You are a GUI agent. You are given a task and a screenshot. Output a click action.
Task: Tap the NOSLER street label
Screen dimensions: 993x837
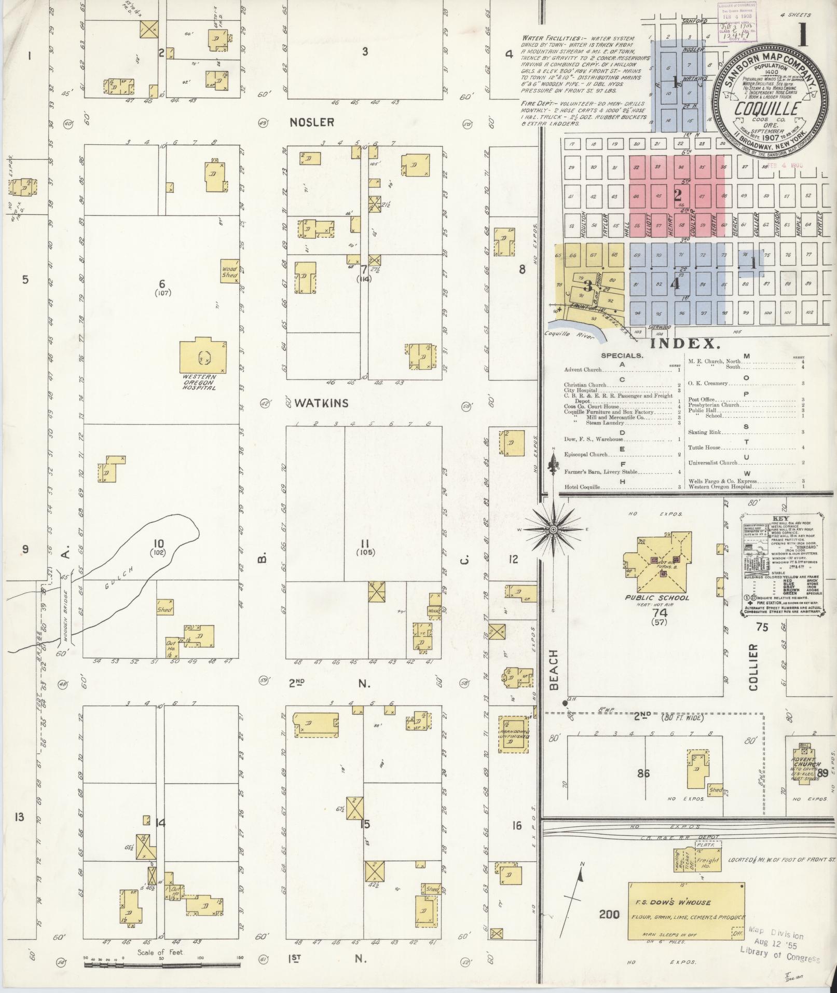coord(312,123)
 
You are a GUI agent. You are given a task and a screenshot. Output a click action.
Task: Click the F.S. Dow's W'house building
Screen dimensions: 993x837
coord(687,910)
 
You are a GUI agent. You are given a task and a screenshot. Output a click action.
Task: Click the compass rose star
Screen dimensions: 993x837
coord(553,529)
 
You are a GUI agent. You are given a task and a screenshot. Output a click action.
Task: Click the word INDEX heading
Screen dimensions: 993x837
coord(684,343)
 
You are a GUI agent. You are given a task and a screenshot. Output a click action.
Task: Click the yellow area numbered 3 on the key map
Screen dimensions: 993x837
coord(588,285)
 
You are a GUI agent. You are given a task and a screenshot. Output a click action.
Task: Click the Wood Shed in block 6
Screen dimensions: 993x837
coord(229,271)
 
